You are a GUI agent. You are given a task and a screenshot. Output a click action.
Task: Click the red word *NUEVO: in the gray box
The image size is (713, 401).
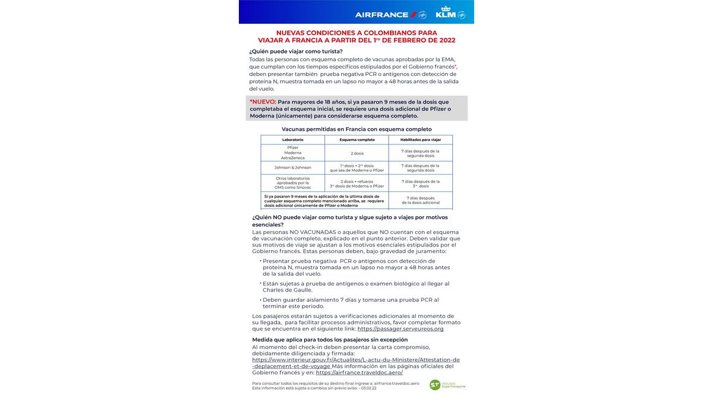263,102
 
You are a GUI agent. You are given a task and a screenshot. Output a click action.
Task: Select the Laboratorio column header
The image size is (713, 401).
292,140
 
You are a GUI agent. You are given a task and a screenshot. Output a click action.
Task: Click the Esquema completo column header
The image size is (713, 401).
356,140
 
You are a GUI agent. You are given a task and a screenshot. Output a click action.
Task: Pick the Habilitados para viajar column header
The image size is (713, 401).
420,140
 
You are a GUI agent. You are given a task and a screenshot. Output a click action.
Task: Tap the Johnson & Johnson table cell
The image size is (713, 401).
292,168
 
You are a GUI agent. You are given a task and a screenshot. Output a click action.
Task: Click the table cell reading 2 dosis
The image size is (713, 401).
356,153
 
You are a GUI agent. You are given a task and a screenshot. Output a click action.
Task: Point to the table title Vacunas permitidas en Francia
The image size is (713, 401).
356,129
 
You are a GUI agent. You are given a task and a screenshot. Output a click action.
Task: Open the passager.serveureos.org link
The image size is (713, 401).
400,329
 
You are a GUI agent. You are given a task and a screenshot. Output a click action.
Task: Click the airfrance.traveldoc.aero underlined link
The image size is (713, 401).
359,372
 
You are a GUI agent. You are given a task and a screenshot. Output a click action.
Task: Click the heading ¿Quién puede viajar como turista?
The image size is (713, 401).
296,51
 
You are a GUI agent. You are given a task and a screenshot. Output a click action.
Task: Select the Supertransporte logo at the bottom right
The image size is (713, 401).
447,385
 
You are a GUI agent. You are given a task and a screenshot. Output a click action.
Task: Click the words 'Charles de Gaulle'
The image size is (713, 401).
287,290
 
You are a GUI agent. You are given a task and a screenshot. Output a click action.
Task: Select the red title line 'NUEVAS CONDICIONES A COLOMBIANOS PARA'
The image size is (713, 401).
356,33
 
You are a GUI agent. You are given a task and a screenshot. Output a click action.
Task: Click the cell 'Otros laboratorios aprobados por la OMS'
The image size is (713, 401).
292,182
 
